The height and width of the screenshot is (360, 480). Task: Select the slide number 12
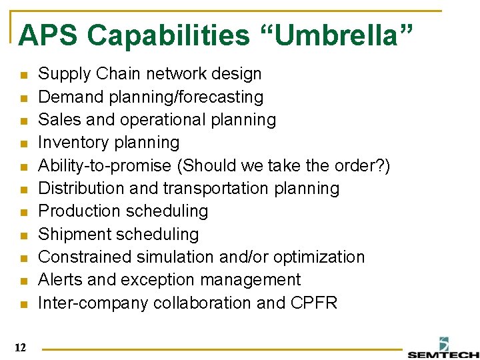19,347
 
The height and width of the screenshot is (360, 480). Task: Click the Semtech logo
443,348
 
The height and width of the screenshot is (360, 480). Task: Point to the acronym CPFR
315,303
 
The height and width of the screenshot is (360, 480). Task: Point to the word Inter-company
93,303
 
